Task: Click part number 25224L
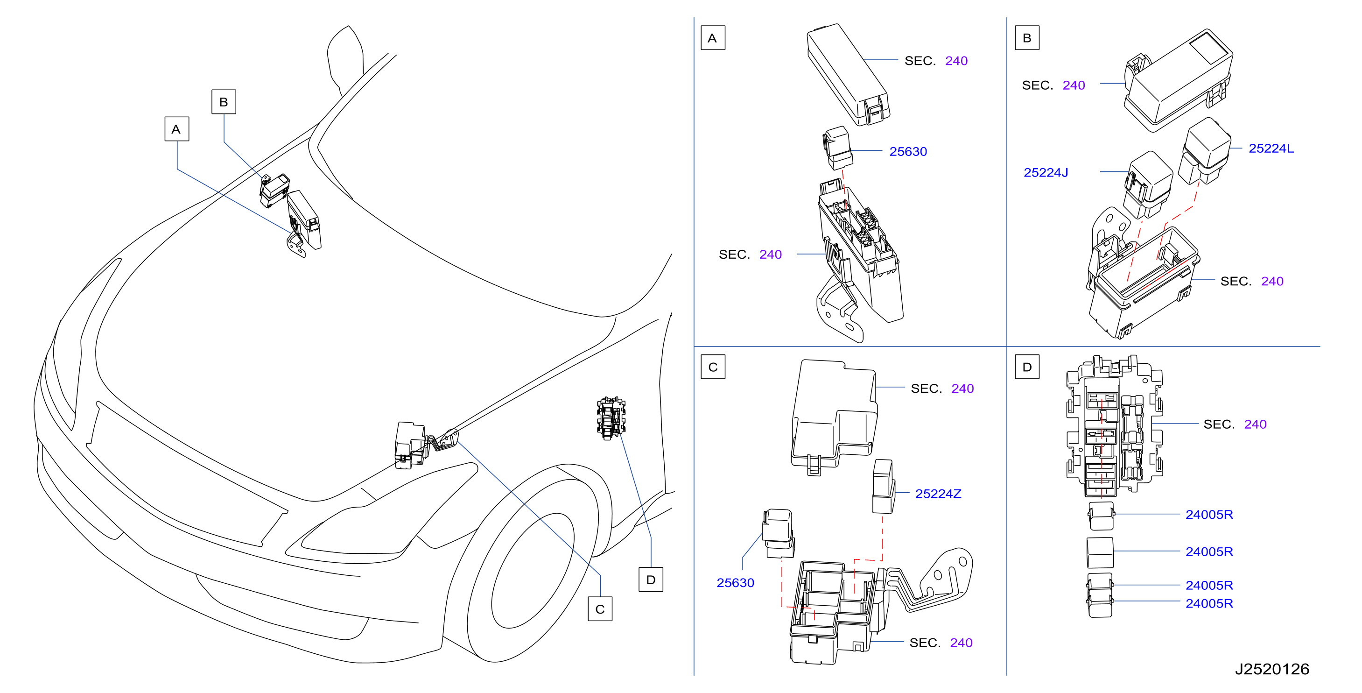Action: click(1271, 148)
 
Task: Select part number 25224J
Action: click(1046, 173)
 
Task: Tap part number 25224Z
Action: click(938, 494)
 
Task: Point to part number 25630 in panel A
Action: click(908, 152)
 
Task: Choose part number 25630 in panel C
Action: click(735, 583)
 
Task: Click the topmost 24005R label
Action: click(1209, 515)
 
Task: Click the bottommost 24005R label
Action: click(1209, 604)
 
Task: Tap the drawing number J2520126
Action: click(1272, 670)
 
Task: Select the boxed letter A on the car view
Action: click(176, 129)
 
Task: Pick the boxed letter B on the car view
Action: click(224, 102)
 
